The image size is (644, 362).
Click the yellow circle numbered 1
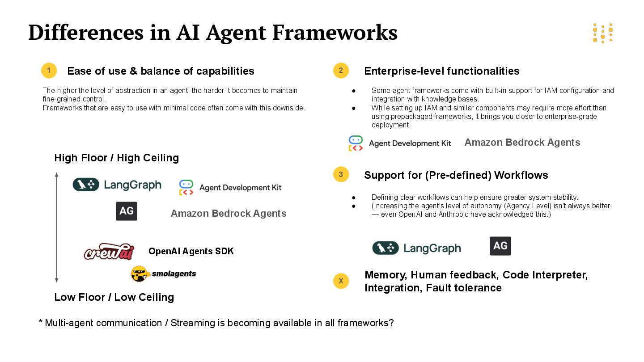[49, 71]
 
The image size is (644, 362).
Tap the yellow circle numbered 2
[341, 71]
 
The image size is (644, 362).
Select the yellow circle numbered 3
[341, 174]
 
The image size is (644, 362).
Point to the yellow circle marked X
[341, 281]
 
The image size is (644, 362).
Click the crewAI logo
[109, 252]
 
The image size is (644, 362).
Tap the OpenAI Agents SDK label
[191, 251]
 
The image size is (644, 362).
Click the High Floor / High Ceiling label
[116, 158]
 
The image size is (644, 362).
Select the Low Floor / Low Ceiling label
[114, 297]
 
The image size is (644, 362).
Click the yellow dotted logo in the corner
[602, 33]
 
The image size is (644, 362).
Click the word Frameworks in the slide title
[335, 32]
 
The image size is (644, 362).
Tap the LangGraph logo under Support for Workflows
[416, 248]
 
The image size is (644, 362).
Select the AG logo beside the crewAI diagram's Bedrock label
[127, 211]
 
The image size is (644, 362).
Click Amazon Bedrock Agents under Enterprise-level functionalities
[522, 143]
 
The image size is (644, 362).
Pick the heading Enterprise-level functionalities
[441, 71]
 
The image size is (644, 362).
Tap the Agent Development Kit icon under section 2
[356, 143]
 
